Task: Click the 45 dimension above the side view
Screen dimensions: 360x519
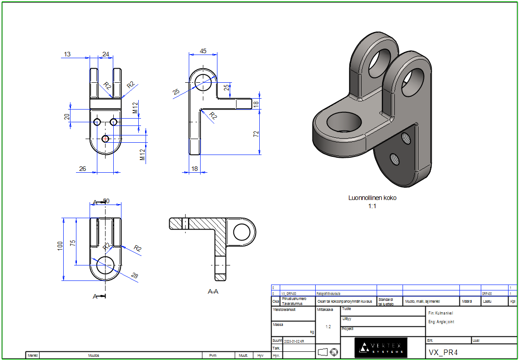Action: coord(203,51)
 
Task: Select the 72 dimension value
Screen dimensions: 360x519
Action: coord(256,134)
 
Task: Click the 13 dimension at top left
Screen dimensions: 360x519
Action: coord(67,54)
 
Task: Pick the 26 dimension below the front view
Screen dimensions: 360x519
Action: coord(82,169)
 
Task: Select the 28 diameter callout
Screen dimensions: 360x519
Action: coord(134,275)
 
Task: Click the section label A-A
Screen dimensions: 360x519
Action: coord(213,291)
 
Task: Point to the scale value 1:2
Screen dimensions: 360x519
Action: coord(328,327)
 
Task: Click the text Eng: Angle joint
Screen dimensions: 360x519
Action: coord(441,322)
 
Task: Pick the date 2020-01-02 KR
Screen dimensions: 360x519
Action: coord(294,340)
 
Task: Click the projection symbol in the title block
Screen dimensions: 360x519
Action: coord(328,352)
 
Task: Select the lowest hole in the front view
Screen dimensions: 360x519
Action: coord(106,139)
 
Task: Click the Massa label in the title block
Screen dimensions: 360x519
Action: coord(278,325)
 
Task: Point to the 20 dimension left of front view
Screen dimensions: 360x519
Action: coord(67,116)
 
